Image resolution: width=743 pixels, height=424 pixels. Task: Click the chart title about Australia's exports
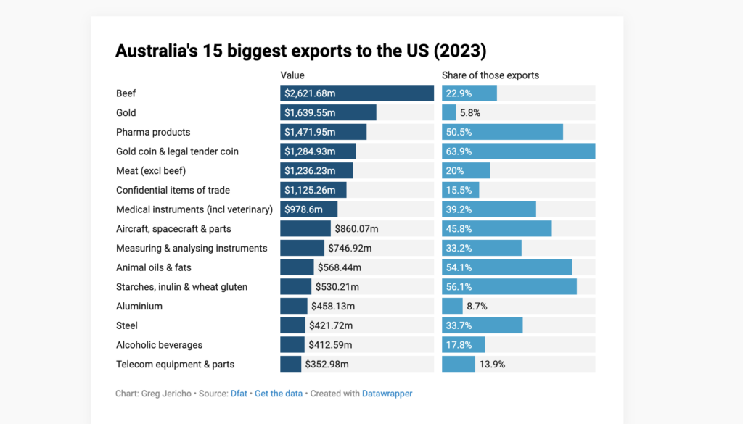(x=300, y=51)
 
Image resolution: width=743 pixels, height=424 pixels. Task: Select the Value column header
(x=292, y=75)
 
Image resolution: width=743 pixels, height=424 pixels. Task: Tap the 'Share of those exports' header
(x=490, y=75)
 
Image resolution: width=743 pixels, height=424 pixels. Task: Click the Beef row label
(x=126, y=93)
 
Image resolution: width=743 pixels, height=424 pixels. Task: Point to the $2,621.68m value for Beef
(x=311, y=93)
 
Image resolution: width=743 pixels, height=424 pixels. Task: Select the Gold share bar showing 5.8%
(x=449, y=113)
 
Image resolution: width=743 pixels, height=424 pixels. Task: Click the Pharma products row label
(x=153, y=132)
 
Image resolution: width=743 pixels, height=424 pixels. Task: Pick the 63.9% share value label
(x=458, y=151)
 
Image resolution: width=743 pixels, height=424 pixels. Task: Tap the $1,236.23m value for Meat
(x=311, y=171)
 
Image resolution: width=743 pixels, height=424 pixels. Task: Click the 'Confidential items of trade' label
(x=173, y=190)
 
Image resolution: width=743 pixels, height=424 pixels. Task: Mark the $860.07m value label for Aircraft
(x=356, y=229)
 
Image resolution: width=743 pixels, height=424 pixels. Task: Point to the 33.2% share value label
(x=458, y=248)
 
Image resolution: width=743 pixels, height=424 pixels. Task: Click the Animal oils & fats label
(x=154, y=267)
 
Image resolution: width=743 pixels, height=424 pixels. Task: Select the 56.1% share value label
(x=458, y=287)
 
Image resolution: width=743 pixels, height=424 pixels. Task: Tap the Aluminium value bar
(x=294, y=306)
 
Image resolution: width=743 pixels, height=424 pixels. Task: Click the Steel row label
(x=127, y=325)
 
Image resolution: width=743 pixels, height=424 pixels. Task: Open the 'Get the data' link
(x=279, y=394)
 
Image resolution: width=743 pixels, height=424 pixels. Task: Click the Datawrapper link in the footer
(x=387, y=394)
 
